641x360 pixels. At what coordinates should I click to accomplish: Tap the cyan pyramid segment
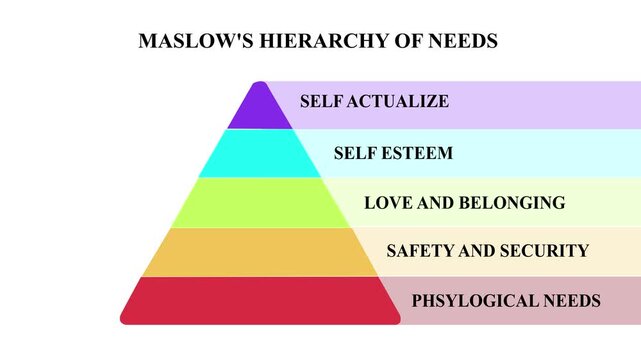[x=259, y=154]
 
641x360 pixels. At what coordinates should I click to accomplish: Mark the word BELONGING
[x=509, y=203]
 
